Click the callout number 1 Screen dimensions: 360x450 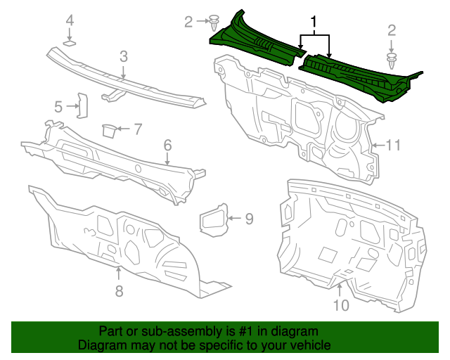pyautogui.click(x=314, y=22)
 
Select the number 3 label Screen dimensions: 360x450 pyautogui.click(x=123, y=56)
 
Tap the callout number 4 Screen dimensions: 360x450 pyautogui.click(x=70, y=21)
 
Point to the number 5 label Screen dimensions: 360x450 pyautogui.click(x=59, y=107)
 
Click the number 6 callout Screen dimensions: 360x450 pyautogui.click(x=167, y=146)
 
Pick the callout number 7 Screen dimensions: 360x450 pyautogui.click(x=138, y=129)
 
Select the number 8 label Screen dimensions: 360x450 pyautogui.click(x=119, y=290)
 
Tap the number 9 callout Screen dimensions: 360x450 pyautogui.click(x=249, y=219)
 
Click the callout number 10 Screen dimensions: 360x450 pyautogui.click(x=340, y=305)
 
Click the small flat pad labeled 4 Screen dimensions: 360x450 pyautogui.click(x=70, y=44)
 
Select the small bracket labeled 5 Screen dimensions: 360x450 pyautogui.click(x=82, y=106)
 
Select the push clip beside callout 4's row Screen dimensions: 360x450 pyautogui.click(x=214, y=22)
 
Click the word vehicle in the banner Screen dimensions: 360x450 pyautogui.click(x=308, y=346)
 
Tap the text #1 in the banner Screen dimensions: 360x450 pyautogui.click(x=256, y=331)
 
